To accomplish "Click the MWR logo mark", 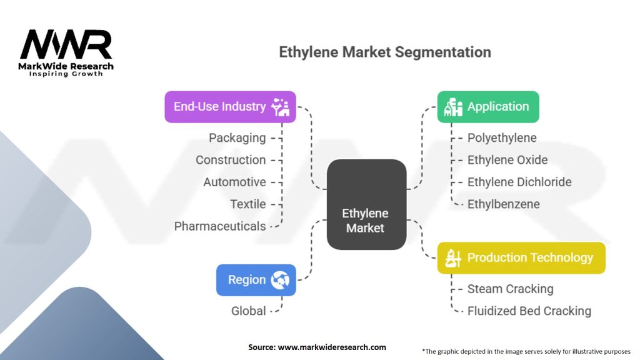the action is pyautogui.click(x=66, y=44).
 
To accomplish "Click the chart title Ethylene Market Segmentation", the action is pyautogui.click(x=385, y=52).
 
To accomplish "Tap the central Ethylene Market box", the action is pyautogui.click(x=366, y=204).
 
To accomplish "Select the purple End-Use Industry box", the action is pyautogui.click(x=230, y=107).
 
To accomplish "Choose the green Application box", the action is pyautogui.click(x=488, y=107).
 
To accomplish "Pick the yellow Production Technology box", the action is pyautogui.click(x=521, y=258).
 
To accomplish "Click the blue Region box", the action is pyautogui.click(x=256, y=280).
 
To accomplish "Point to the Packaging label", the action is pyautogui.click(x=237, y=138).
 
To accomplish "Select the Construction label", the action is pyautogui.click(x=231, y=160).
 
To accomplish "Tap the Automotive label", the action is pyautogui.click(x=235, y=182).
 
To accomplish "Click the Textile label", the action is pyautogui.click(x=247, y=204).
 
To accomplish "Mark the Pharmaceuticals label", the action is pyautogui.click(x=220, y=226).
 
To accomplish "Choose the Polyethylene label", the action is pyautogui.click(x=502, y=138).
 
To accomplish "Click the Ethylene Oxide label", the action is pyautogui.click(x=507, y=160).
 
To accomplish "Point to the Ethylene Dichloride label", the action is pyautogui.click(x=519, y=182).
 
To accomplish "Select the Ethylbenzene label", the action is pyautogui.click(x=503, y=204).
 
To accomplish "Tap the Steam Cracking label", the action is pyautogui.click(x=510, y=289).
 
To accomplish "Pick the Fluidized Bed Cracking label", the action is pyautogui.click(x=529, y=311).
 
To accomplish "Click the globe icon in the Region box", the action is pyautogui.click(x=280, y=280).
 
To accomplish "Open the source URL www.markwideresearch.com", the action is pyautogui.click(x=332, y=347).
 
